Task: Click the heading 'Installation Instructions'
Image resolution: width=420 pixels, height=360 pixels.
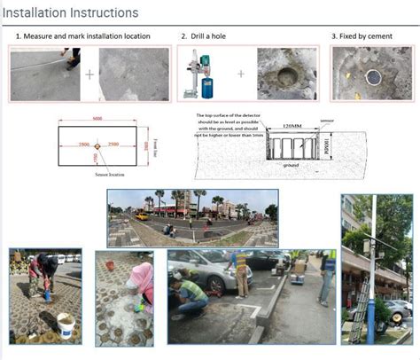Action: tap(70, 12)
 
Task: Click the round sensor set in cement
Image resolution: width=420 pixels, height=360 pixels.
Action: tap(372, 77)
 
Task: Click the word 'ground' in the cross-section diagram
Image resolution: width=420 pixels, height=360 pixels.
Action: tap(291, 165)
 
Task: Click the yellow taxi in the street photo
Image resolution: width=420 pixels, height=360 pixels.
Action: tap(141, 215)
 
